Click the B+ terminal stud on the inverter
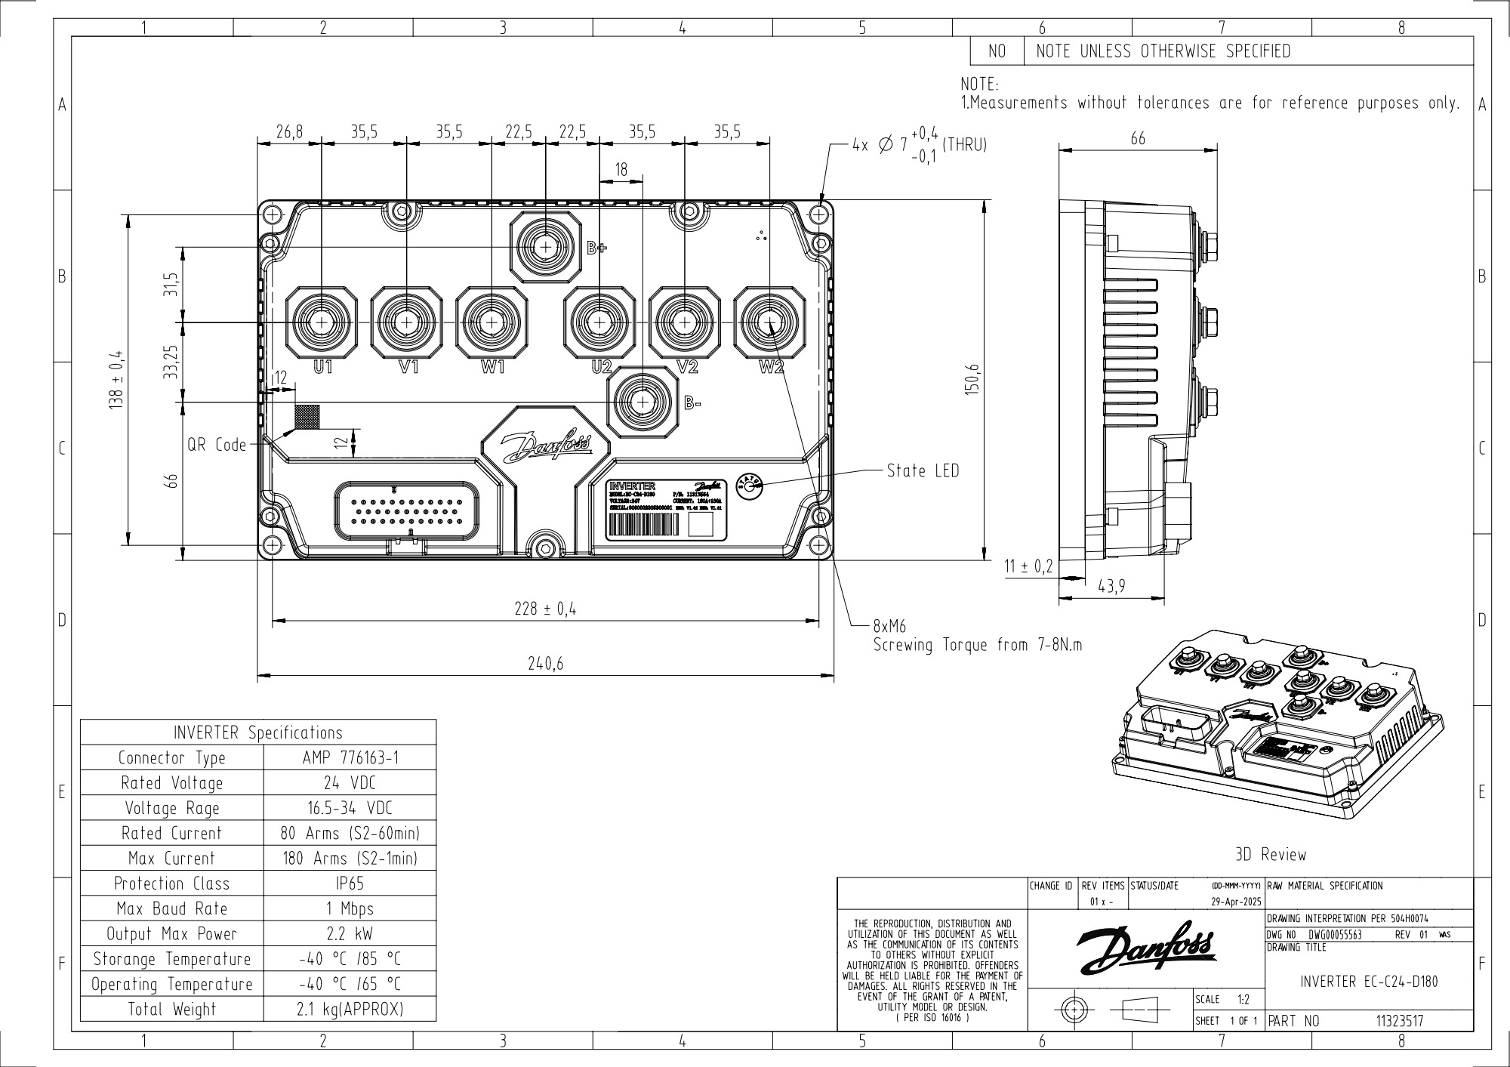coord(545,246)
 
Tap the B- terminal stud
coord(643,402)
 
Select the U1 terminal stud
coord(322,322)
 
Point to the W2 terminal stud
coord(769,322)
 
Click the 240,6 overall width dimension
coord(545,664)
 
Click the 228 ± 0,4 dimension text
coord(545,609)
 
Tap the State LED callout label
coord(923,471)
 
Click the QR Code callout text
coord(217,445)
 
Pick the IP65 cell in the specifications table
coord(350,884)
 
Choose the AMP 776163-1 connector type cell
coord(350,757)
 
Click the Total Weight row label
coord(172,1010)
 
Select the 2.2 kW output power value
coord(350,934)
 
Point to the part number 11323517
coord(1399,1021)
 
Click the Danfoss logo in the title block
coord(1145,948)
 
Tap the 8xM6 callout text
coord(889,627)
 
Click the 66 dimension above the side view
coord(1138,138)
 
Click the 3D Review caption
coord(1270,855)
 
